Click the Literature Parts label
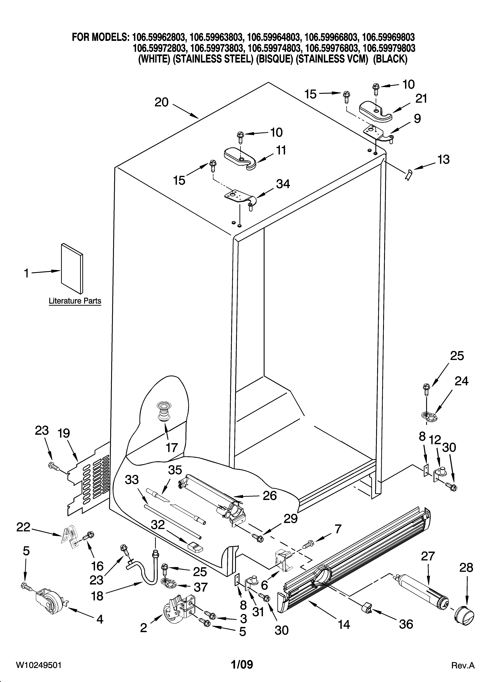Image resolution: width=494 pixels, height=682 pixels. coord(75,301)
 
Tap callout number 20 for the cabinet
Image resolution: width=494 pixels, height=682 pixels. coord(162,103)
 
